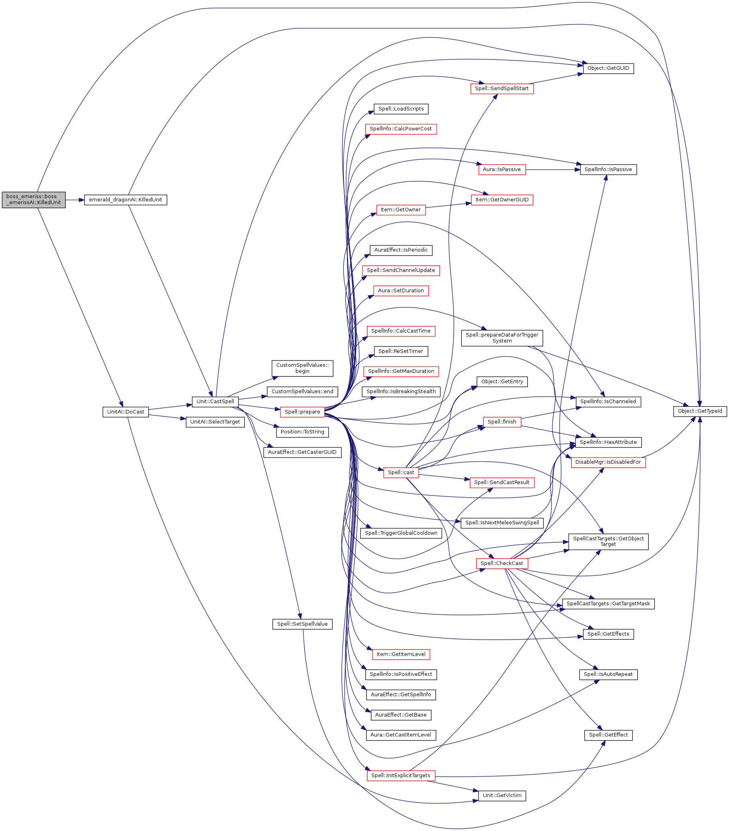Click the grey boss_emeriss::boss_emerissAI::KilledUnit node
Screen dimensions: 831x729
point(33,200)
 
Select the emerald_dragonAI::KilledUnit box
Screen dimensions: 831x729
point(125,200)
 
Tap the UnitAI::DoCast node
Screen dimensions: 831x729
point(125,412)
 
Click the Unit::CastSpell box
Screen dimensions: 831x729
point(215,402)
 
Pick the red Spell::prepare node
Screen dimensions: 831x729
point(302,412)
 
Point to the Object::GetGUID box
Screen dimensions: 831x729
point(608,68)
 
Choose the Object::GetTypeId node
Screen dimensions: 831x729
point(700,412)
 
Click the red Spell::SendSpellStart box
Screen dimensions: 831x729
point(502,89)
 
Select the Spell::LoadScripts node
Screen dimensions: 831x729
point(401,109)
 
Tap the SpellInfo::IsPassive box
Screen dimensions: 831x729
point(608,169)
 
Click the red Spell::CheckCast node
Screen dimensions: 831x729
point(502,563)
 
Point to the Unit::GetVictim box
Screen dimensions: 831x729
point(502,796)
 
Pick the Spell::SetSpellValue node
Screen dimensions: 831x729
point(302,624)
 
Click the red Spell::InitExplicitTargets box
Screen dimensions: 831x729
point(400,775)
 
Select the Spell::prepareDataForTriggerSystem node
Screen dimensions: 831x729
point(502,338)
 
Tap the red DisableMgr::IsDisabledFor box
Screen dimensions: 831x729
point(608,462)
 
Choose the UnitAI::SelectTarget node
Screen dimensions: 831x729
point(215,422)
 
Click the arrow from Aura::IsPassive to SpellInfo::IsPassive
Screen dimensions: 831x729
point(553,169)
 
